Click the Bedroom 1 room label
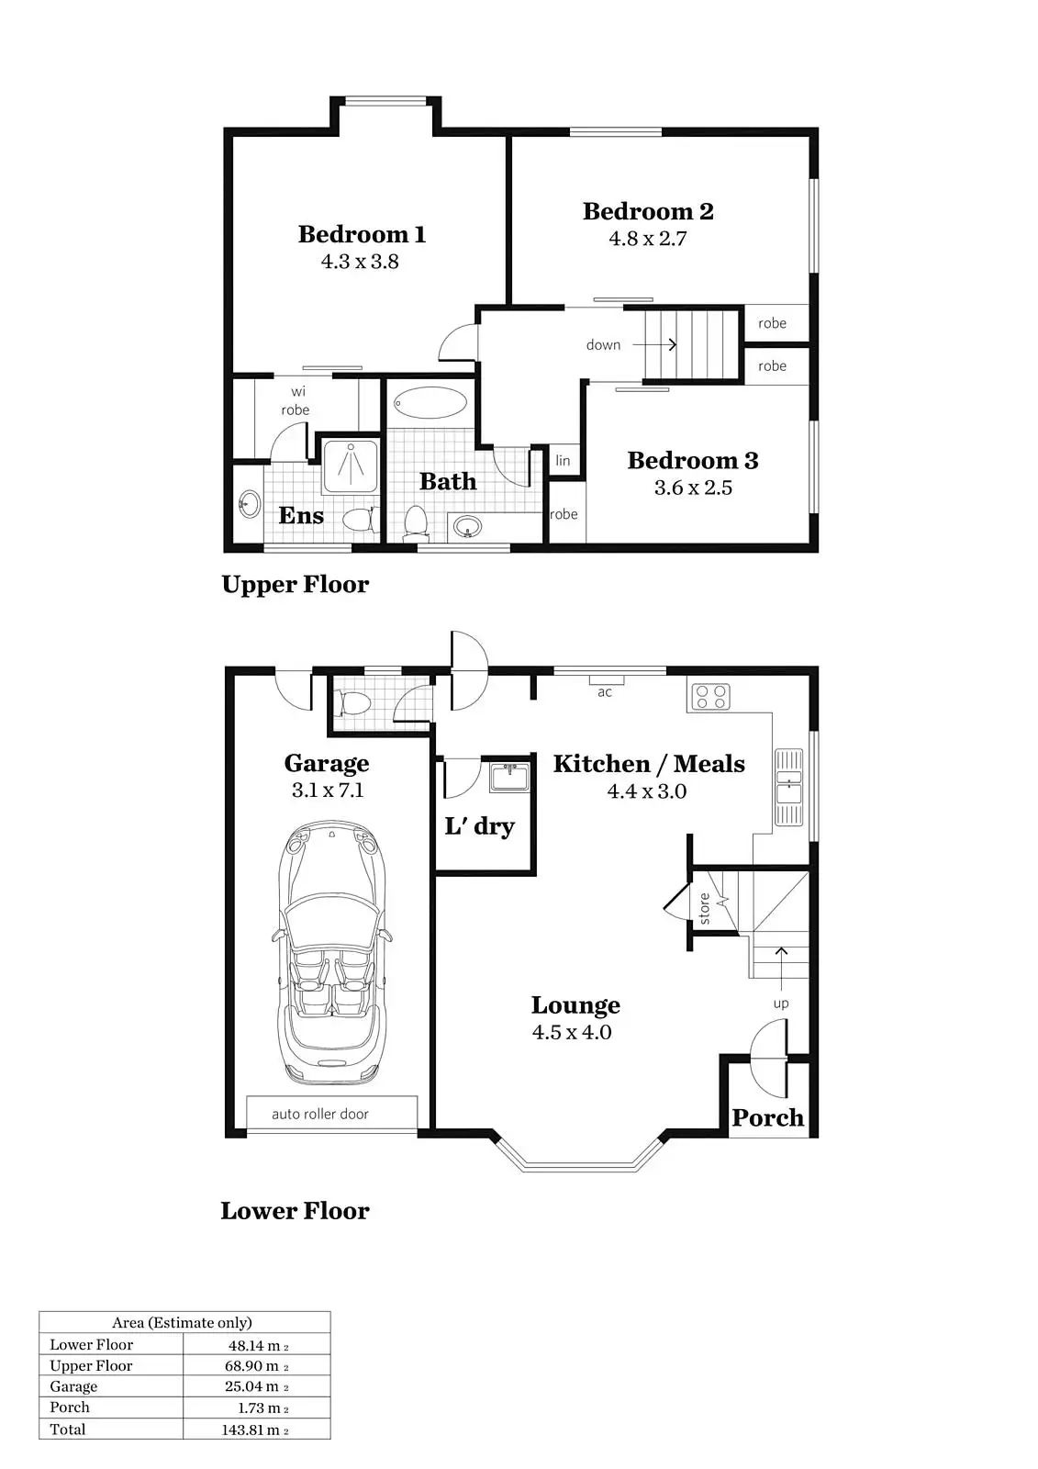[362, 234]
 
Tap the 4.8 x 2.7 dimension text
[647, 239]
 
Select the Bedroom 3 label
[692, 460]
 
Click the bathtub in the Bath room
[430, 402]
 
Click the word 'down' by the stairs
[603, 345]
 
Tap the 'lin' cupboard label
[563, 461]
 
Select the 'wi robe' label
[296, 401]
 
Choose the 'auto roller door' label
[319, 1114]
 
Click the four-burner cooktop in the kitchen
[710, 696]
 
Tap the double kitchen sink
[788, 788]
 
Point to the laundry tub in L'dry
[509, 777]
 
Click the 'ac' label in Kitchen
[605, 692]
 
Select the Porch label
[767, 1117]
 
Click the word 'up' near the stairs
[780, 1004]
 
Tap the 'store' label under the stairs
[705, 908]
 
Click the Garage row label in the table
[73, 1386]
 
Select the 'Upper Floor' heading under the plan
[295, 584]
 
